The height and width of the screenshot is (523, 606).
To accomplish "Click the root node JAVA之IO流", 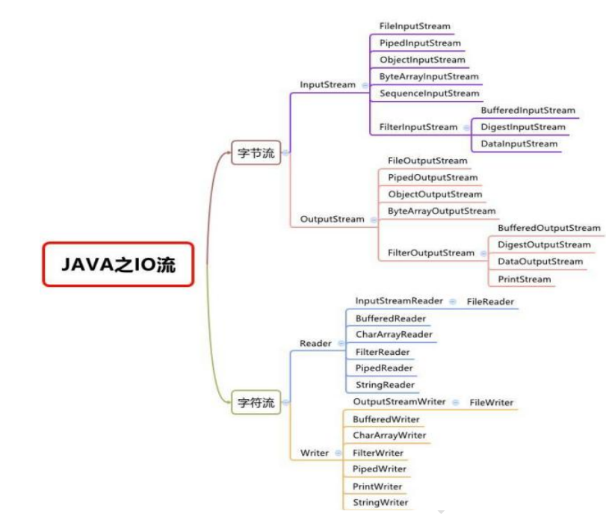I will click(118, 264).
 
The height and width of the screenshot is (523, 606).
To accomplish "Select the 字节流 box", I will click(255, 153).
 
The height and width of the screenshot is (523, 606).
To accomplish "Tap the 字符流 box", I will click(255, 402).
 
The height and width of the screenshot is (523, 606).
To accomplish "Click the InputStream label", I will click(327, 84).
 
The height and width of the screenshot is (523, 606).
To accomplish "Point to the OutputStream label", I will click(333, 219).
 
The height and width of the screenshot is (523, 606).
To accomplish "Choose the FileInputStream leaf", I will click(415, 26).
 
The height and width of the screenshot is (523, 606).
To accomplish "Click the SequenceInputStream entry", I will click(429, 93).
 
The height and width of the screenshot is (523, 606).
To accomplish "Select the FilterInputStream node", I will click(418, 127).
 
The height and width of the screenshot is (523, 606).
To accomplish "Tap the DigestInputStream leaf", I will click(523, 127).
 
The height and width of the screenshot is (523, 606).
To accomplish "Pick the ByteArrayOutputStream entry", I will click(442, 211).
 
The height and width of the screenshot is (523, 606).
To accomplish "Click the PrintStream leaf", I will click(525, 279).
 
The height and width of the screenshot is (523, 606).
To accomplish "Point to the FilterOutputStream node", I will click(431, 253).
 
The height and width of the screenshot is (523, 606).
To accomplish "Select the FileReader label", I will click(491, 302).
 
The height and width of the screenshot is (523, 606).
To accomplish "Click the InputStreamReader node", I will click(399, 300).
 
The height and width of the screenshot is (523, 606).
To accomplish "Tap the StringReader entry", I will click(385, 385).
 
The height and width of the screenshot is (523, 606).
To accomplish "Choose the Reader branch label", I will click(315, 343).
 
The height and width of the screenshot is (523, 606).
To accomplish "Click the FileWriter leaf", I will click(492, 403).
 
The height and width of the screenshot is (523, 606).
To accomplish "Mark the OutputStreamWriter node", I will click(399, 401).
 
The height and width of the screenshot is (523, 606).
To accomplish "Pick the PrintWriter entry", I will click(377, 486).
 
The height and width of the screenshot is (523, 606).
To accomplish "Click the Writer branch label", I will click(315, 453).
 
